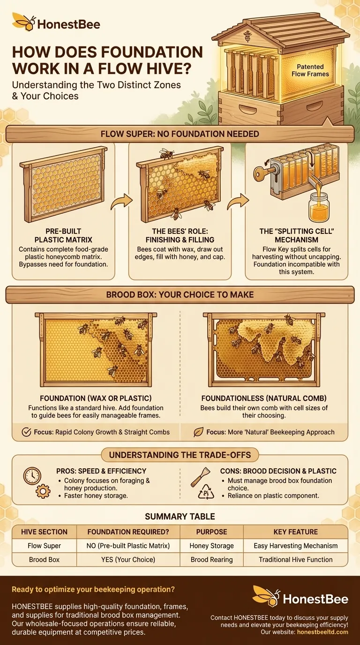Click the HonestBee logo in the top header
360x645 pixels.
click(56, 23)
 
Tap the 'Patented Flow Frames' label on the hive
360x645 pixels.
click(310, 70)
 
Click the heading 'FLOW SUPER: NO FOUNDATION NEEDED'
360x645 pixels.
click(180, 134)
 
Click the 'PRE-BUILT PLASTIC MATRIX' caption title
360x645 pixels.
click(64, 235)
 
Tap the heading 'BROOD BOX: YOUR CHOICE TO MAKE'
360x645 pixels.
click(180, 294)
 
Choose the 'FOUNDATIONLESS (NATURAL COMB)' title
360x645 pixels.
click(264, 398)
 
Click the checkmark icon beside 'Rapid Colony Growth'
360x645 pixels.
click(26, 432)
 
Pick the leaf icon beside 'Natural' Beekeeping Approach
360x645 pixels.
click(199, 432)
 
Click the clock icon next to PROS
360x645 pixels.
click(32, 476)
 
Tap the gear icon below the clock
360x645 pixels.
click(43, 492)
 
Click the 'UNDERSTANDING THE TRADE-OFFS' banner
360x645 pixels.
click(180, 455)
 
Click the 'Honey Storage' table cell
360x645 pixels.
click(212, 546)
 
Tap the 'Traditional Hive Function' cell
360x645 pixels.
click(295, 560)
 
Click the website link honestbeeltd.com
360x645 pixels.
click(322, 632)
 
